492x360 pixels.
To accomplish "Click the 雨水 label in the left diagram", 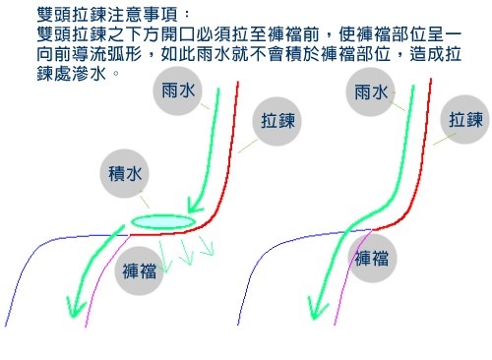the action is (x=178, y=90).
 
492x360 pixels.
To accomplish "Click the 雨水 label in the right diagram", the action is (x=371, y=92).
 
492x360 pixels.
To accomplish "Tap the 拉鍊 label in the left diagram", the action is (x=277, y=121).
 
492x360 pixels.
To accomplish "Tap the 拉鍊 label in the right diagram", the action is (x=465, y=119).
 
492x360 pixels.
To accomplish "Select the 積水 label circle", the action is (x=125, y=173).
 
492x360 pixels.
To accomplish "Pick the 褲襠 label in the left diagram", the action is (x=139, y=270).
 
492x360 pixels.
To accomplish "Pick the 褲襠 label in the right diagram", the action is (x=372, y=258).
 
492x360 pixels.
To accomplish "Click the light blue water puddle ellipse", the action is (x=161, y=222).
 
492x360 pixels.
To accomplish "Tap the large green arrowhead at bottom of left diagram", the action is (x=75, y=307).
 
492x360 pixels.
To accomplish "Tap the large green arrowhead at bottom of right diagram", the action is (x=317, y=307).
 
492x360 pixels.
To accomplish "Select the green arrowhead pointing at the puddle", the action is (x=194, y=205).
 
